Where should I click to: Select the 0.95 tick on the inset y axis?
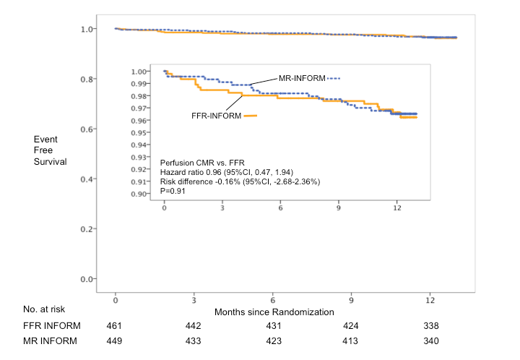137,132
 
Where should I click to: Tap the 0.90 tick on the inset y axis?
137,194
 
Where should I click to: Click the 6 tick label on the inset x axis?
279,208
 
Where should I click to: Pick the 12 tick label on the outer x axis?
430,299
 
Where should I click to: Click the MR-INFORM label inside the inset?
302,77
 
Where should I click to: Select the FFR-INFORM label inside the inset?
214,115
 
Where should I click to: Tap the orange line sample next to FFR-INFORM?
249,115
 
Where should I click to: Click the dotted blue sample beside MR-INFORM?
333,77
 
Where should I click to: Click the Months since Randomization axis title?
274,312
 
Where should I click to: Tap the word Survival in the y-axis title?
50,161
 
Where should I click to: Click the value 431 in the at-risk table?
272,325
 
